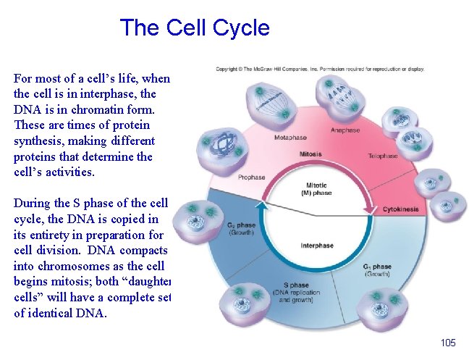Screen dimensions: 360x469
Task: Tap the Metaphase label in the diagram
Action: point(290,138)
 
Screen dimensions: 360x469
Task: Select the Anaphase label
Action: point(345,130)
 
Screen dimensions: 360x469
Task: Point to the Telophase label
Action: point(382,156)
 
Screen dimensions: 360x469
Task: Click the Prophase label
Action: point(251,177)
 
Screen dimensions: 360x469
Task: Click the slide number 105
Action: point(447,343)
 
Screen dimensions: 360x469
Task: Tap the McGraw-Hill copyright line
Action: point(320,70)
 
